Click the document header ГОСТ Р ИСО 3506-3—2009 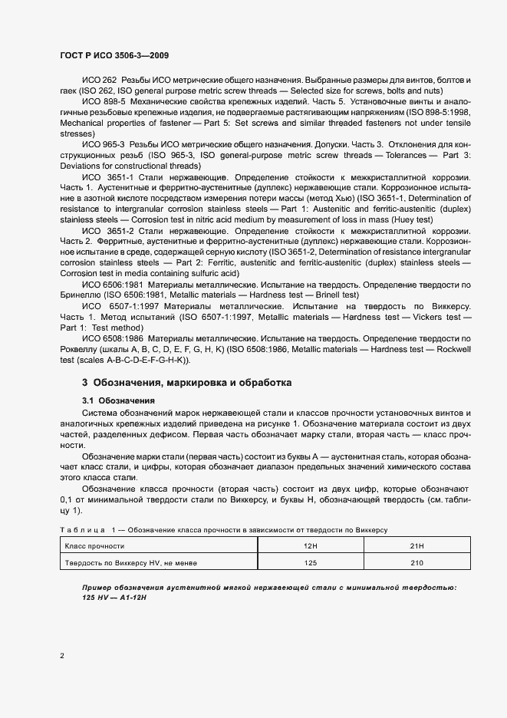(114, 56)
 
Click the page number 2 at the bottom (62, 655)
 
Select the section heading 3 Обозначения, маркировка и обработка (186, 382)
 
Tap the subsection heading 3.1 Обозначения (118, 400)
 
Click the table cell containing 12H (311, 545)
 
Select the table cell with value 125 (311, 562)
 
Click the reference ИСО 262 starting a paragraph (98, 81)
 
